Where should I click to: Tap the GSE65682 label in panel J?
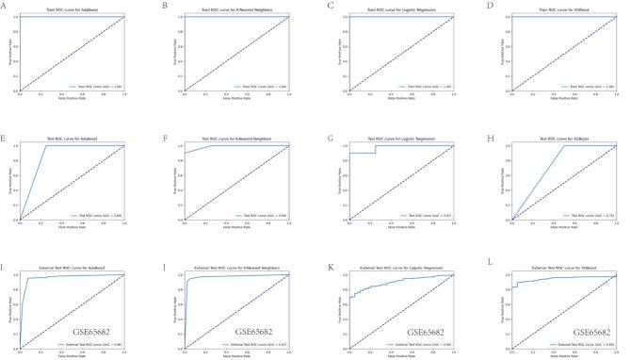click(x=253, y=334)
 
